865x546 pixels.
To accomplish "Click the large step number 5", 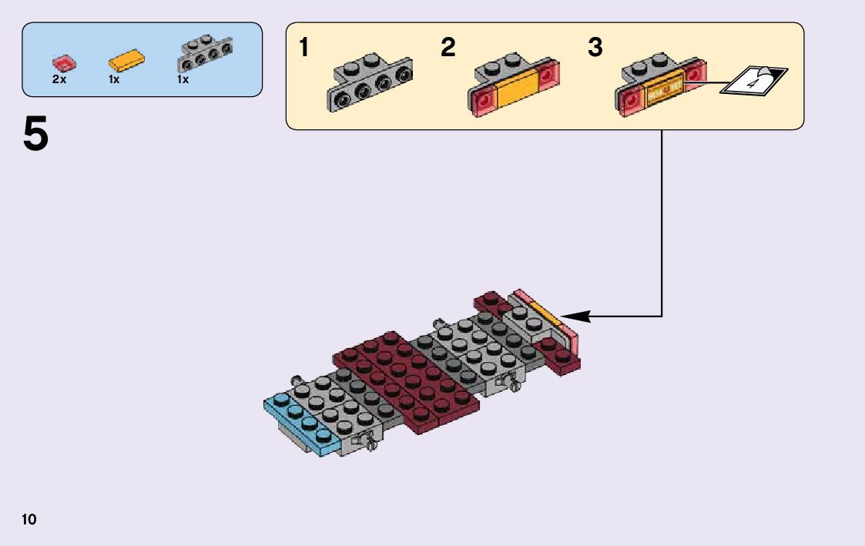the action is [35, 136].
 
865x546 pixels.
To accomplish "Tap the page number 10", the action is [29, 519].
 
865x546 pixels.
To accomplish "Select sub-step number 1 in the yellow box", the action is [304, 49].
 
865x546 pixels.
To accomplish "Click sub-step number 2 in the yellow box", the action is [448, 49].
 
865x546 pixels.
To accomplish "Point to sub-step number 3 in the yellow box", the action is [595, 49].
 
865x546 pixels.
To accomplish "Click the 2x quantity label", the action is [59, 79].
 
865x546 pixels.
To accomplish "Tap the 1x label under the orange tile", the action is [114, 79].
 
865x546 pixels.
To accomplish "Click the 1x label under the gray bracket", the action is [183, 79].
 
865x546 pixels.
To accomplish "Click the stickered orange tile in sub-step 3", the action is [662, 90].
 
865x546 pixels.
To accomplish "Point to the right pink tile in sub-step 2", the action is [549, 75].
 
